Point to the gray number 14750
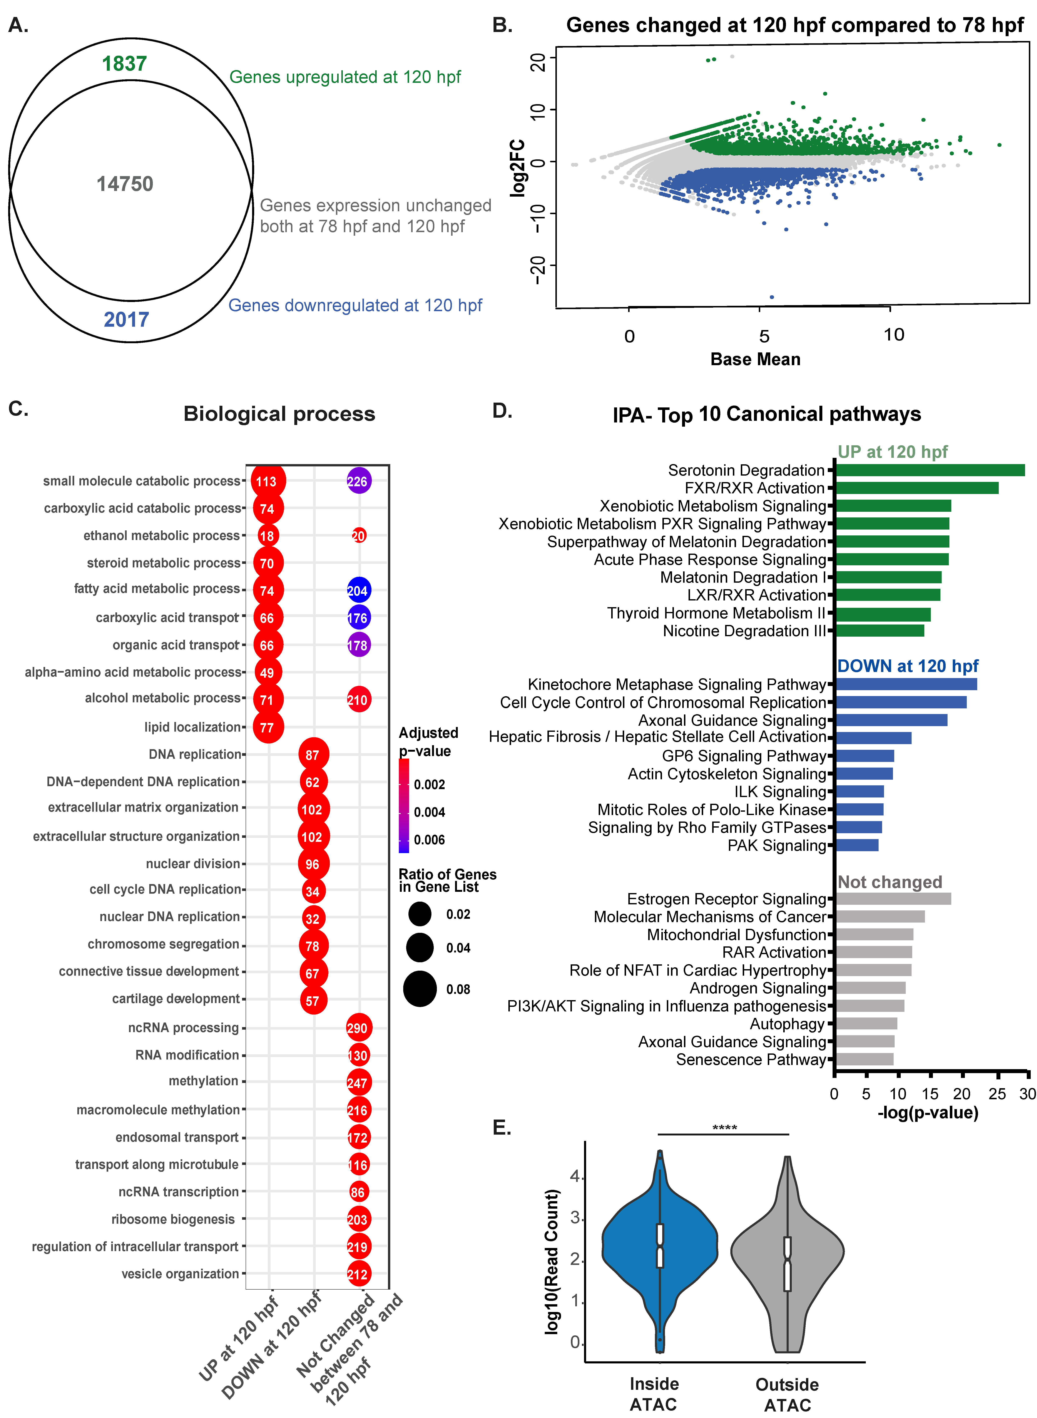point(125,184)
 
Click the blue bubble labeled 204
point(358,590)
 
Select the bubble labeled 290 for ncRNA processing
point(358,1028)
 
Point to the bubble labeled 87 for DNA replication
point(313,755)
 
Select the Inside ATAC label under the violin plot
point(654,1394)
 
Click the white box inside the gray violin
point(787,1264)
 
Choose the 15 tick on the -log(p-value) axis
point(929,1094)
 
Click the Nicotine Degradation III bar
point(879,631)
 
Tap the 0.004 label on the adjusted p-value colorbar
point(429,812)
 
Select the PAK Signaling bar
point(857,845)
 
